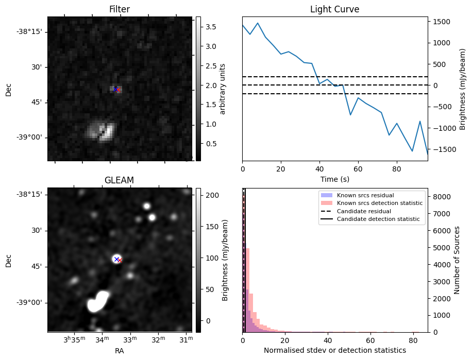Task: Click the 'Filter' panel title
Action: pos(119,9)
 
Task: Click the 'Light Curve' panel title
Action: pos(334,9)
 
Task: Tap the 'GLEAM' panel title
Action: pos(119,180)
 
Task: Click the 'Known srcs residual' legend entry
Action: pos(365,195)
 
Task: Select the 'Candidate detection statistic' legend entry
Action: pos(378,219)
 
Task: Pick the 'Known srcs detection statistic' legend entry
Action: pos(380,203)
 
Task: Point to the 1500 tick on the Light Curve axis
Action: pos(442,22)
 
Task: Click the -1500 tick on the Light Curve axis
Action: pos(443,149)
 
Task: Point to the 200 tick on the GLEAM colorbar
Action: pos(212,195)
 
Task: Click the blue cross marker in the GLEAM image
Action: pos(116,259)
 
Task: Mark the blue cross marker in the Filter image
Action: pos(115,89)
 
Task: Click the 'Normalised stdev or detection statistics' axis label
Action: pos(334,350)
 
